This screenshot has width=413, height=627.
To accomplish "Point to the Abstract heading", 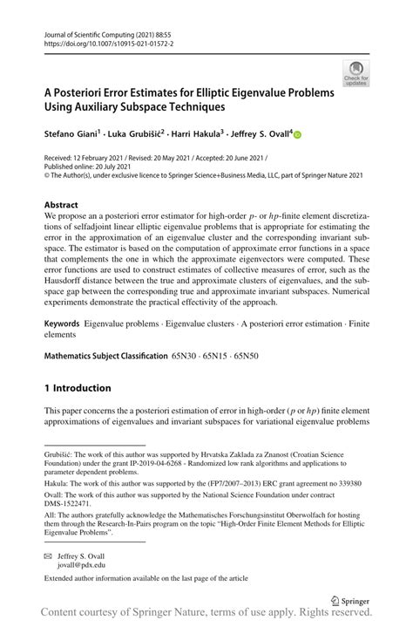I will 65,205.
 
